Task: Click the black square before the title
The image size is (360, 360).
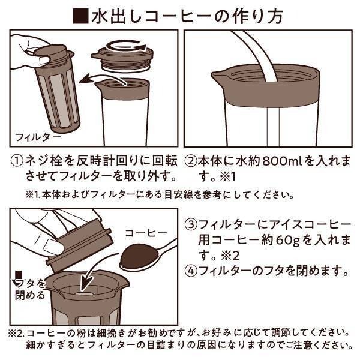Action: coord(79,16)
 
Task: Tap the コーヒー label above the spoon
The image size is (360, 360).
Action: coord(142,232)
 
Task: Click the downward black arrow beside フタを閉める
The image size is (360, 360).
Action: coord(17,277)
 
